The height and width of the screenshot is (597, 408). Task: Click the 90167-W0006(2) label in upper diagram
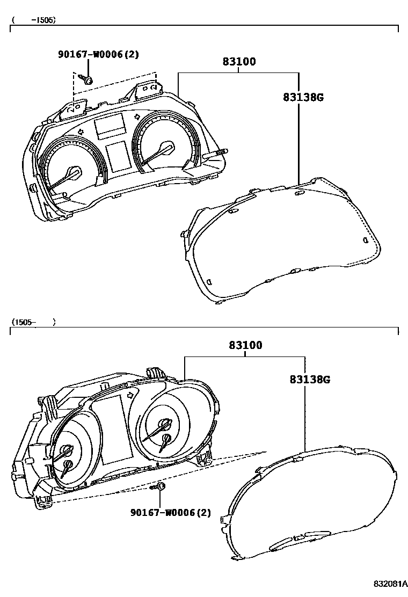click(98, 54)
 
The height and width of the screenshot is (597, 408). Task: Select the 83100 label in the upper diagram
click(239, 62)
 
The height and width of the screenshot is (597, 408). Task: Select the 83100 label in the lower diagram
click(245, 346)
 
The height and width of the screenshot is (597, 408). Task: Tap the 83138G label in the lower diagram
click(310, 380)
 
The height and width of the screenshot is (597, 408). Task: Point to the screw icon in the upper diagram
click(87, 79)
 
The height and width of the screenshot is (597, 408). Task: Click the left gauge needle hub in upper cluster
click(74, 172)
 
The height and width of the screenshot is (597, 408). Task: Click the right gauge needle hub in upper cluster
click(167, 148)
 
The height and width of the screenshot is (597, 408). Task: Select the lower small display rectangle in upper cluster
click(116, 157)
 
